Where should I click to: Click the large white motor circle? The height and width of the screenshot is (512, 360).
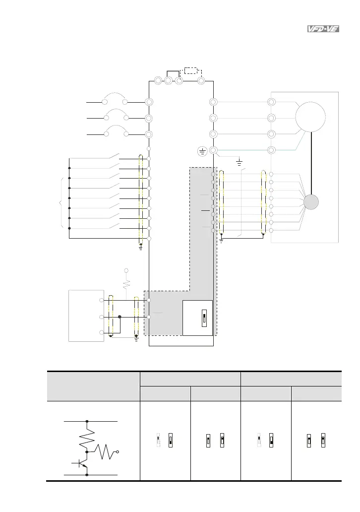310,117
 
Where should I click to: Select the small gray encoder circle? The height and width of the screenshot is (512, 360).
311,202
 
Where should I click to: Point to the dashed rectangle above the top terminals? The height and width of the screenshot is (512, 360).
191,70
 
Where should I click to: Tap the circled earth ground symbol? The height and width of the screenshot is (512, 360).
202,150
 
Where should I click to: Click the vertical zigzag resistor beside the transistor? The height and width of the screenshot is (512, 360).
87,437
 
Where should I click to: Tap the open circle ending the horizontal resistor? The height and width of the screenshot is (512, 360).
118,452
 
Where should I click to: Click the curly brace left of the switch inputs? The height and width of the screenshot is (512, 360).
60,203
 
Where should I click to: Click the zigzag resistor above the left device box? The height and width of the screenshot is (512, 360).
126,284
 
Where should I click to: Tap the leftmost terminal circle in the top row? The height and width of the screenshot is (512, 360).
158,80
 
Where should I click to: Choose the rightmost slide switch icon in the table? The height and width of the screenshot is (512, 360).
322,440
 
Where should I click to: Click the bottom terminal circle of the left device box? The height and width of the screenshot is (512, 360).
102,332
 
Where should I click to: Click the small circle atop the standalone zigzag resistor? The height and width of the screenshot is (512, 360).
126,270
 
